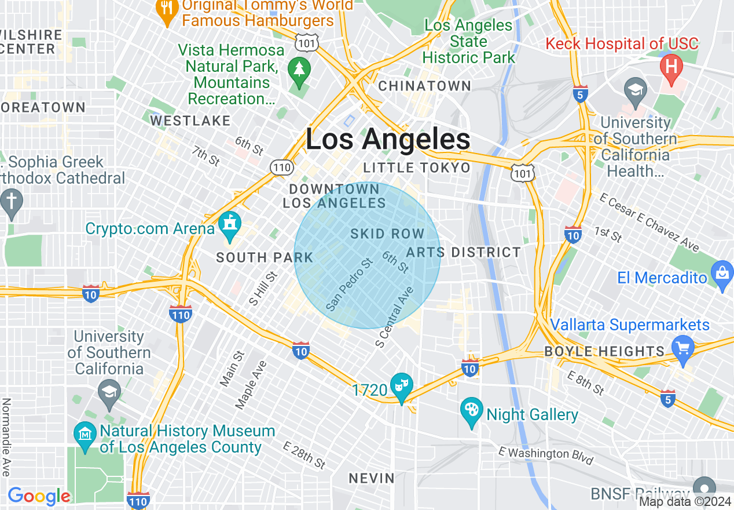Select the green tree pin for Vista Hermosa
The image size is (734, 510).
[x=299, y=70]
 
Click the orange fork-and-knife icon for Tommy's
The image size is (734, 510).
[x=167, y=9]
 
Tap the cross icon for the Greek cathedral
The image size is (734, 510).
[x=11, y=202]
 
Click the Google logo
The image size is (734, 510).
[x=38, y=496]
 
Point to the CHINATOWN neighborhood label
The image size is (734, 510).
[x=425, y=86]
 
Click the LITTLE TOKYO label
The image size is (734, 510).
[x=417, y=168]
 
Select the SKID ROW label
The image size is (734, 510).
[x=387, y=234]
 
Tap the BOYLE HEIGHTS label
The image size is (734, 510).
[x=605, y=351]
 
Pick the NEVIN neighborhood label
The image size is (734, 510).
[x=372, y=479]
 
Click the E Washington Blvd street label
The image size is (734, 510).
[x=546, y=456]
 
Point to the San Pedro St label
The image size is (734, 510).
[x=349, y=284]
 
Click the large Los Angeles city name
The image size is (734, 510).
[x=388, y=140]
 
